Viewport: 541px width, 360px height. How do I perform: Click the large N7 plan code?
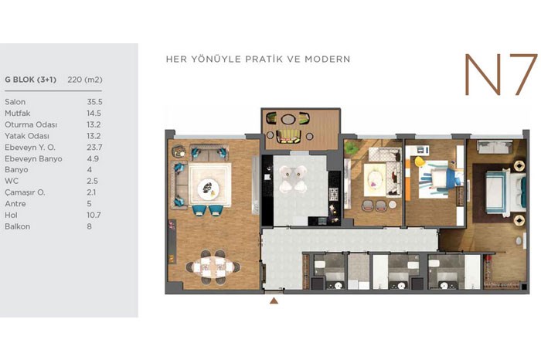501,74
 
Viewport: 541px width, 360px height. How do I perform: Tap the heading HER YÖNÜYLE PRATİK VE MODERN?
258,59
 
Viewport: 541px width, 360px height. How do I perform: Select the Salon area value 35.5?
94,102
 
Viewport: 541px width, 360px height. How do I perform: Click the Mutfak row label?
18,113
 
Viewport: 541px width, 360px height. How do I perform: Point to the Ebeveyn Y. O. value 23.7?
94,148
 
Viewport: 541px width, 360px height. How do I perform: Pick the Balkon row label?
18,226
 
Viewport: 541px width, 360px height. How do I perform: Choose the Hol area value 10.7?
94,216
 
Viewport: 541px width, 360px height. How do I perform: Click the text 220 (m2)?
85,80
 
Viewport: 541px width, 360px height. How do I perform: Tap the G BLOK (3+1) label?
30,80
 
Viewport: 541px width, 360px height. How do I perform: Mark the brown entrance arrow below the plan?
274,301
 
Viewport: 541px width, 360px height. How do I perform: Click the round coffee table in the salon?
208,188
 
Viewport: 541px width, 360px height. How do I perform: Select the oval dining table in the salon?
213,267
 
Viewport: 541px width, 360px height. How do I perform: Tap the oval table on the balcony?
288,119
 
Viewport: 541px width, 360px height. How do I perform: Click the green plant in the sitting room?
351,148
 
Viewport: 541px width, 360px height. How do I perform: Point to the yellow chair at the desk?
419,161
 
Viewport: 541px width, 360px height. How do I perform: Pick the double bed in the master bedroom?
505,190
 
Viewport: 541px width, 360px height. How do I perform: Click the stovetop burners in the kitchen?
334,194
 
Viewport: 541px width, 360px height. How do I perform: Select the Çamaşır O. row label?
25,192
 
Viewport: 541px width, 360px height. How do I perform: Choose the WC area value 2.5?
93,181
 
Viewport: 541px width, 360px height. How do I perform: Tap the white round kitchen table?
293,179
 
